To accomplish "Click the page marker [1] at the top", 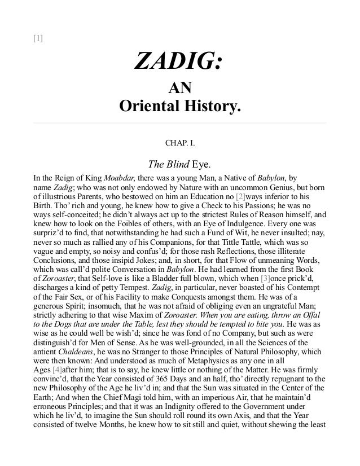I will click(x=38, y=39).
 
